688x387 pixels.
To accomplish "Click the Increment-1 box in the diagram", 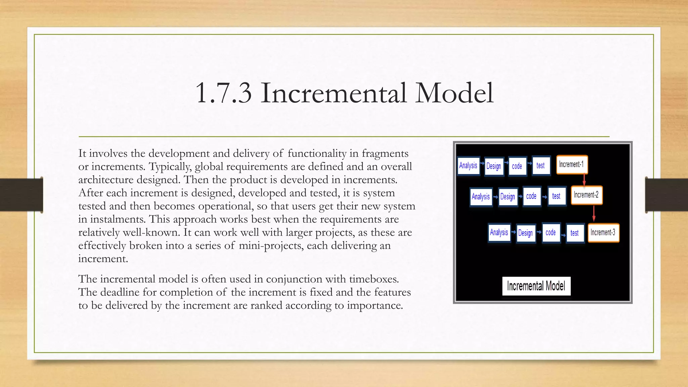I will pos(572,165).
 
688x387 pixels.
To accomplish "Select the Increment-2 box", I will pos(586,195).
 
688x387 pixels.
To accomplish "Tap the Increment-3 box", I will pos(603,233).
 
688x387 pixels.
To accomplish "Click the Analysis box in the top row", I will pos(468,166).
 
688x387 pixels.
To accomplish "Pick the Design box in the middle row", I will pos(508,197).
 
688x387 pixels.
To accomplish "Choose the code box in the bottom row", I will pos(551,232).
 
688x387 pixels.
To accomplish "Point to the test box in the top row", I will pos(541,166).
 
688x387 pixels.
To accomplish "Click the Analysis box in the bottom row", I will pos(499,232).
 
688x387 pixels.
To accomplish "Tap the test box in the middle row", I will pos(556,196).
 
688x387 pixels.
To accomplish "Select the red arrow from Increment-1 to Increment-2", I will pos(584,180).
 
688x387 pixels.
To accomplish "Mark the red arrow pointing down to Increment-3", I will pos(594,214).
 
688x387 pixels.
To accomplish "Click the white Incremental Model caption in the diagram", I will pos(536,286).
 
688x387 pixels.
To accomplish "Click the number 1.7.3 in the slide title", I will pos(223,93).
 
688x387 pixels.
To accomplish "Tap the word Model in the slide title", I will pos(454,93).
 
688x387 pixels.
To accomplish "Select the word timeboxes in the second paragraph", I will pos(374,279).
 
